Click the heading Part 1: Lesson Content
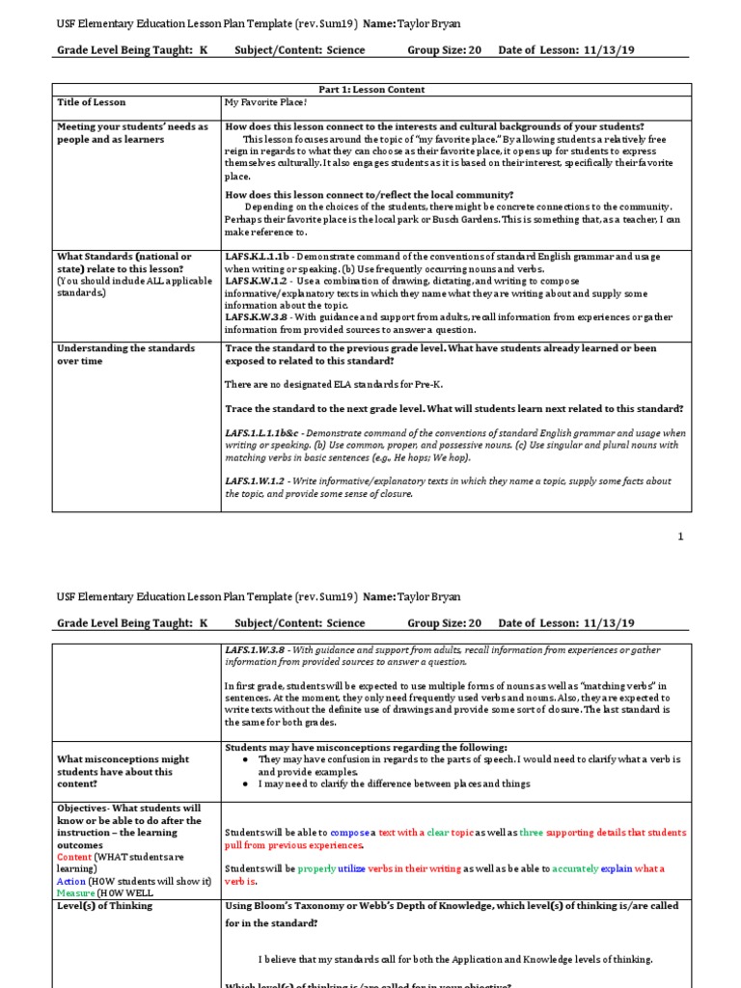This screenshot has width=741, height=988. (x=371, y=89)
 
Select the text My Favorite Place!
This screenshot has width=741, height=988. (x=265, y=102)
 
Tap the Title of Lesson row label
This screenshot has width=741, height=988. (x=92, y=102)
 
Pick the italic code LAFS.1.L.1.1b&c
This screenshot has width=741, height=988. (x=269, y=433)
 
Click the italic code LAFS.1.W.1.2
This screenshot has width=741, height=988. (x=260, y=481)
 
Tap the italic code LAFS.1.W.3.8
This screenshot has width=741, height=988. (x=260, y=650)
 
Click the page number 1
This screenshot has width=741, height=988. (x=680, y=536)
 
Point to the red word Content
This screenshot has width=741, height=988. (x=74, y=857)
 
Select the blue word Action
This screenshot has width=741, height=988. (x=71, y=881)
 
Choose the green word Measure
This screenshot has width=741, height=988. (x=77, y=893)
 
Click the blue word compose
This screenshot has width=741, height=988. (x=349, y=832)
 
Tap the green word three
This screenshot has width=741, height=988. (x=532, y=832)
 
